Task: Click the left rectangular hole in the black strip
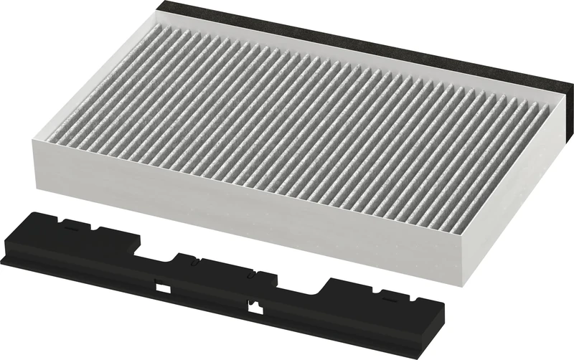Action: [164, 288]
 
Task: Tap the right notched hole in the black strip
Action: [252, 308]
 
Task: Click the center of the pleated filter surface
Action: [287, 108]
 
